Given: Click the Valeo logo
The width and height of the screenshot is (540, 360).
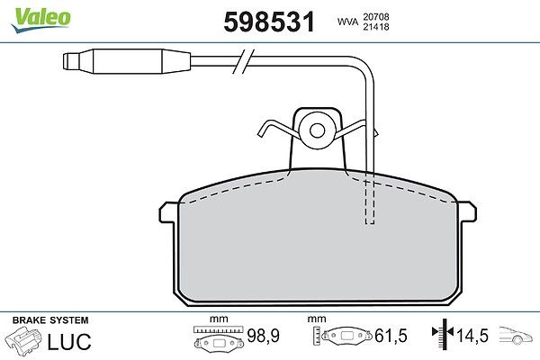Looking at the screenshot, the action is point(41,20).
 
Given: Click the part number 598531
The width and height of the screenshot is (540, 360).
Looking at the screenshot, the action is point(269,22).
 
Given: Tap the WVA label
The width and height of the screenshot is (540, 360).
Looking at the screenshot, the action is point(347,22).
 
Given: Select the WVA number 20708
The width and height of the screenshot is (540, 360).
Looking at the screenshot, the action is point(375,16).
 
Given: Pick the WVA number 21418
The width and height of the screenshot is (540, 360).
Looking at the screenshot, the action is point(375,27).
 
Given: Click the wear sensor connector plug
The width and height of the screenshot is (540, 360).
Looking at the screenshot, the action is point(127,61).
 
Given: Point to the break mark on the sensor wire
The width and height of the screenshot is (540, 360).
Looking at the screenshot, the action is point(244,61).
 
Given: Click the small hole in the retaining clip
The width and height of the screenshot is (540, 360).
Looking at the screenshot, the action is point(317,130).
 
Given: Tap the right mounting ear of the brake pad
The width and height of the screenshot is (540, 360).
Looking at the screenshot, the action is point(467,211).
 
